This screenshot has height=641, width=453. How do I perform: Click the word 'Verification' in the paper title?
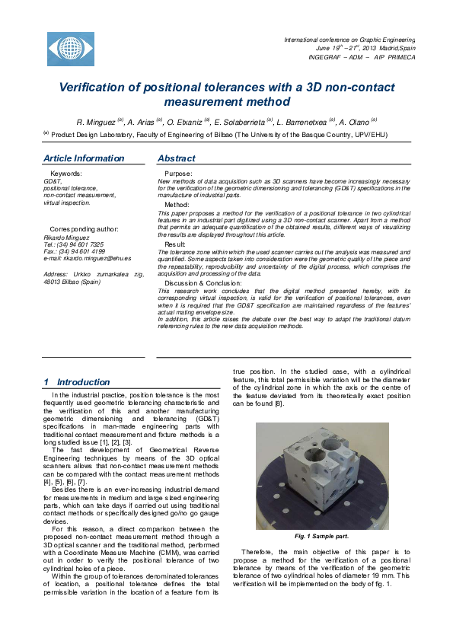97,86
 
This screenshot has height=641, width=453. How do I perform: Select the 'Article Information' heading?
84,158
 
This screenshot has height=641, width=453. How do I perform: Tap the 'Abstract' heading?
176,158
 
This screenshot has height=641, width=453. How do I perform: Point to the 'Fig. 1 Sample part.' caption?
322,536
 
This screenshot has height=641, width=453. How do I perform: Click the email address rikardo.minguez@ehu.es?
87,258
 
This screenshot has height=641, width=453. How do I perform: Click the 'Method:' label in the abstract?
177,205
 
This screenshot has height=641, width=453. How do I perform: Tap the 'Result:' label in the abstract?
175,244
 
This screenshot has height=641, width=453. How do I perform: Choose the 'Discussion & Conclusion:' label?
201,282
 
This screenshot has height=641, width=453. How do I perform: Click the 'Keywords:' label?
65,174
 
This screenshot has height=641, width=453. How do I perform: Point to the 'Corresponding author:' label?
84,228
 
